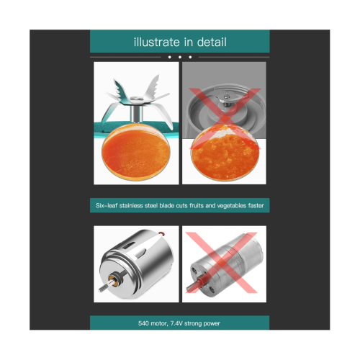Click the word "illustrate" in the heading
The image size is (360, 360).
pyautogui.click(x=157, y=42)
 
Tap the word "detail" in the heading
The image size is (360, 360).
pyautogui.click(x=212, y=42)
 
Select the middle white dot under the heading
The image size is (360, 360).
pyautogui.click(x=180, y=57)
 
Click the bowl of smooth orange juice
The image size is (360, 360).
pyautogui.click(x=136, y=153)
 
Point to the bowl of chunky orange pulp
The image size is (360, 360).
pyautogui.click(x=225, y=153)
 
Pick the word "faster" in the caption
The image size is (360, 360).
pyautogui.click(x=256, y=206)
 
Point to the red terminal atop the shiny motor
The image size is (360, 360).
pyautogui.click(x=163, y=233)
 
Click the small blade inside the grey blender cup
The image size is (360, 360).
pyautogui.click(x=226, y=99)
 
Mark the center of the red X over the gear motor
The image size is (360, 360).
pyautogui.click(x=222, y=262)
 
